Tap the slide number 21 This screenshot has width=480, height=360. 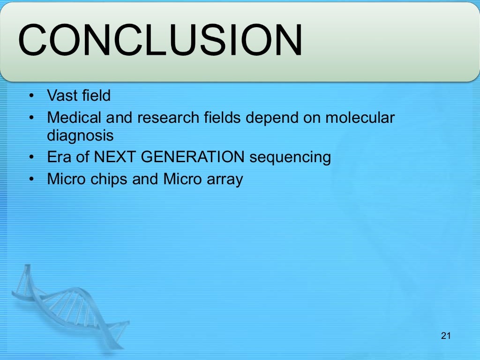point(446,336)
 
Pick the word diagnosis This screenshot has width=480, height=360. point(80,135)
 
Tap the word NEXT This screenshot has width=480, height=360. point(115,157)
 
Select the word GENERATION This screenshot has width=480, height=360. point(193,157)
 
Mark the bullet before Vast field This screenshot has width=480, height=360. point(31,96)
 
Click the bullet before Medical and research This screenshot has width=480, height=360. point(31,118)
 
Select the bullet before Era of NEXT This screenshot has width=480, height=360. point(31,157)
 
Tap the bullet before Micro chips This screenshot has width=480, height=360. point(31,179)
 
